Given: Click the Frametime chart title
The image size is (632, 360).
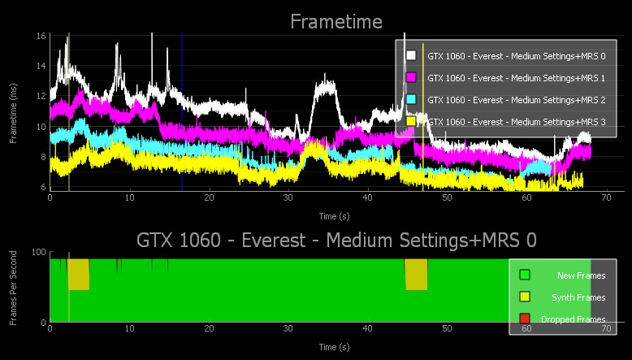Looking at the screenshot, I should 336,21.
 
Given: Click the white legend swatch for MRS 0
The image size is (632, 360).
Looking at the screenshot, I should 411,55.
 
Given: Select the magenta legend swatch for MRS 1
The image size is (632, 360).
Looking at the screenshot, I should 411,77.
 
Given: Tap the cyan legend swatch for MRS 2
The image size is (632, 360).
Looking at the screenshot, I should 411,99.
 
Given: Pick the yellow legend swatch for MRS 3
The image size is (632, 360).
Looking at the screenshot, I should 411,121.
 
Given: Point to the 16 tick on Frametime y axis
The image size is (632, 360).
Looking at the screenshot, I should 40,37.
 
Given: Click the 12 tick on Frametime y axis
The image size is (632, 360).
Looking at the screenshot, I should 40,97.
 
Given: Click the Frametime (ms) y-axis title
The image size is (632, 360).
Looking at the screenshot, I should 14,112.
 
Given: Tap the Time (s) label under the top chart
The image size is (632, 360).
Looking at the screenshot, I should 335,217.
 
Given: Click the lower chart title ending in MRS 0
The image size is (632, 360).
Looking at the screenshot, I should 336,240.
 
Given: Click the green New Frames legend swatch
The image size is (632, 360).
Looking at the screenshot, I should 525,276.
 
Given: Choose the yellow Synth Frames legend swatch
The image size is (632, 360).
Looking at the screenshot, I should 525,297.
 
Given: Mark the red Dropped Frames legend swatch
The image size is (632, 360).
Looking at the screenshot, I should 525,319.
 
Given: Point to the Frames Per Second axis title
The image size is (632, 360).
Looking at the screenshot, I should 14,289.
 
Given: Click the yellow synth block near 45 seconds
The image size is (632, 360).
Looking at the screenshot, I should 416,275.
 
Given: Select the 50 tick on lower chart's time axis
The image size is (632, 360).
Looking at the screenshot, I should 447,330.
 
